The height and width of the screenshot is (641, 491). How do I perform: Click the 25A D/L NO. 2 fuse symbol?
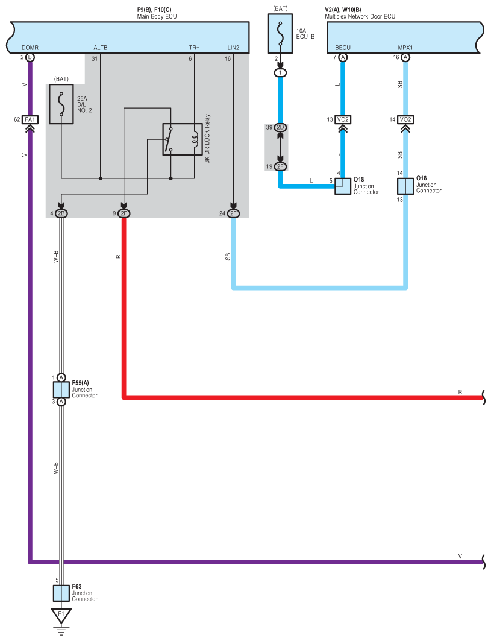(61, 104)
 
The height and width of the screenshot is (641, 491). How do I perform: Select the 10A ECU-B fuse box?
(280, 34)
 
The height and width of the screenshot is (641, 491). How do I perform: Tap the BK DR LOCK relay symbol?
(182, 139)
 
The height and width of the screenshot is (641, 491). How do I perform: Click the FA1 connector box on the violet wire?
(30, 119)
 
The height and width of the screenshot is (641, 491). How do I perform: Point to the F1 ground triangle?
(61, 615)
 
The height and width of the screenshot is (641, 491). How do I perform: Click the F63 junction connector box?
(61, 593)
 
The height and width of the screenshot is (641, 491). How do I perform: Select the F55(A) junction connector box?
(61, 390)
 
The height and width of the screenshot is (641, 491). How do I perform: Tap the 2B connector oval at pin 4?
(61, 213)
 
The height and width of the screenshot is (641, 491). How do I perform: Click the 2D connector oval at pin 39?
(280, 128)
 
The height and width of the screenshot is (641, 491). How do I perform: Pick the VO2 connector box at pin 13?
(343, 119)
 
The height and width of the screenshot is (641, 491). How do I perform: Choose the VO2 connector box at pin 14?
(405, 119)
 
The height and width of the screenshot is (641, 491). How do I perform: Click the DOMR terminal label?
(30, 48)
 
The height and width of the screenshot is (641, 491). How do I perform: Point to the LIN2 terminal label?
(233, 48)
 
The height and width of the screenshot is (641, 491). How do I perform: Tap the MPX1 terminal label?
(405, 48)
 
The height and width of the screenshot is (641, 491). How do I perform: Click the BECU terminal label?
(343, 48)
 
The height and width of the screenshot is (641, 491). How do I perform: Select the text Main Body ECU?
(157, 16)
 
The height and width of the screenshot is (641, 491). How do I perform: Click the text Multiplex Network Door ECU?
(360, 16)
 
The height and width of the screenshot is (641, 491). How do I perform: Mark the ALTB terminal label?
(101, 48)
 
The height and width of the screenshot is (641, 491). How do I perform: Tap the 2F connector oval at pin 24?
(233, 213)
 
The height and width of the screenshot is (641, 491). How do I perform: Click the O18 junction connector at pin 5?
(343, 186)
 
